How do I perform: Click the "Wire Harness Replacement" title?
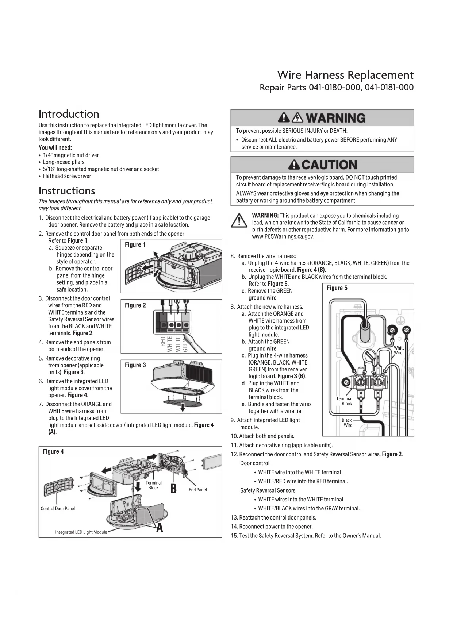click(x=345, y=75)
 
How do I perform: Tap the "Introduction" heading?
click(x=69, y=114)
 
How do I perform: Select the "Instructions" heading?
click(x=67, y=191)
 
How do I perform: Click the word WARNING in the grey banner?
click(x=335, y=118)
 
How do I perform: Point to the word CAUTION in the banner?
click(x=329, y=165)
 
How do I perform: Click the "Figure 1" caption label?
click(x=135, y=245)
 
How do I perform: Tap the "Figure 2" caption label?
click(x=135, y=305)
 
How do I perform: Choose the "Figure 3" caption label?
click(x=135, y=365)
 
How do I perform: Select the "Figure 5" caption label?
click(x=337, y=288)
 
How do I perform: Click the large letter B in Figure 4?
click(x=173, y=489)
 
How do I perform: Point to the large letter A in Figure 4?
click(x=160, y=528)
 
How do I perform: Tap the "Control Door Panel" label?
click(x=58, y=509)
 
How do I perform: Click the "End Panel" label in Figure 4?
click(x=197, y=490)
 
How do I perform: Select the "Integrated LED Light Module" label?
click(x=81, y=532)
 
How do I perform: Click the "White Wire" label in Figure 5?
click(x=399, y=350)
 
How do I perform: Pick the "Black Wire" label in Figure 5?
click(x=347, y=423)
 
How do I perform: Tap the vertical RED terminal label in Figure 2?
click(x=163, y=342)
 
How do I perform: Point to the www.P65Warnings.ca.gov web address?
click(x=283, y=236)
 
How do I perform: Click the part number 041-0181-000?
click(x=389, y=88)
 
